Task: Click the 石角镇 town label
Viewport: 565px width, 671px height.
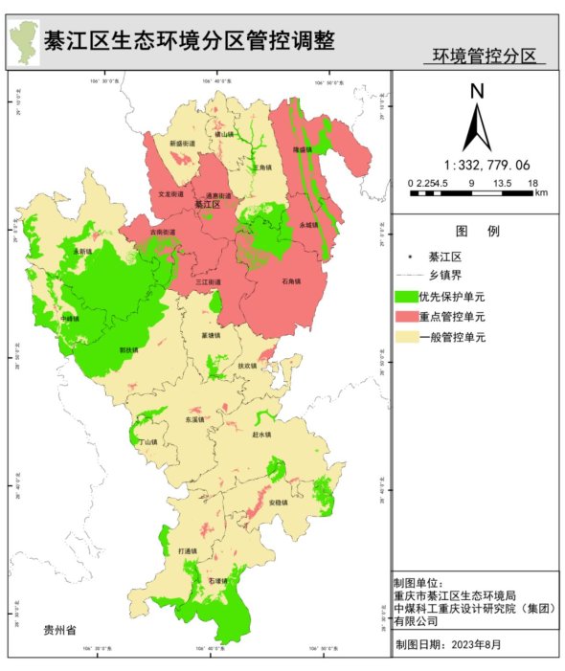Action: click(x=291, y=281)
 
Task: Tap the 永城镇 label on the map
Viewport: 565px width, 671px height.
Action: click(x=306, y=224)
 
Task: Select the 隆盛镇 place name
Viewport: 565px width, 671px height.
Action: click(x=303, y=150)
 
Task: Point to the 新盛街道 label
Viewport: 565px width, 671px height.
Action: click(x=182, y=144)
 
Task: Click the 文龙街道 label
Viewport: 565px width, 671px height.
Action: click(x=170, y=194)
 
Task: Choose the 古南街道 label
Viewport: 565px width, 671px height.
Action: click(x=163, y=232)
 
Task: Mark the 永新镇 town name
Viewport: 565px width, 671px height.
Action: click(x=84, y=251)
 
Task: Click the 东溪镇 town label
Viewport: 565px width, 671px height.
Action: click(x=194, y=419)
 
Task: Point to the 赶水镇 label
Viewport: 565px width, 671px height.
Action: click(x=261, y=435)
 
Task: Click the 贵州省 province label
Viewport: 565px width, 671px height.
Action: click(x=59, y=630)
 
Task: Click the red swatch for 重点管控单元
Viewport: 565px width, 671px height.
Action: click(x=405, y=317)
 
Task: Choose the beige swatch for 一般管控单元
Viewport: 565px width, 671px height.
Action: click(x=405, y=338)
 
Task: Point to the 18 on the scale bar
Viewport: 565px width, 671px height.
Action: click(x=534, y=183)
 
